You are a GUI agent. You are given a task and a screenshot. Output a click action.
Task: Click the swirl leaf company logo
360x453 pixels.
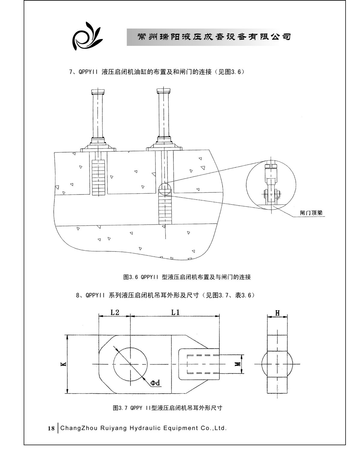click(87, 37)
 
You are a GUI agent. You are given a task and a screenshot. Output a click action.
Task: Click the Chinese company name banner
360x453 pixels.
click(214, 37)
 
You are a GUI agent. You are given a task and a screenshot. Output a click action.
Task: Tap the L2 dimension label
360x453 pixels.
click(115, 312)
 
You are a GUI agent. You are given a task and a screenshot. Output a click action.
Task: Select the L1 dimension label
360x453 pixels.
click(175, 312)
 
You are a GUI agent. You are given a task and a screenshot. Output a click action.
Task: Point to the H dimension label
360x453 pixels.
click(277, 313)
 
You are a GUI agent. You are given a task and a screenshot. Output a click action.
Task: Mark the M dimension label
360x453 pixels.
click(238, 364)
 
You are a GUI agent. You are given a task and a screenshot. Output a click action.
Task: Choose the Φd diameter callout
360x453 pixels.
click(155, 383)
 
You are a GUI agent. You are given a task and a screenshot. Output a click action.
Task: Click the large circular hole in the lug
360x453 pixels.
click(130, 364)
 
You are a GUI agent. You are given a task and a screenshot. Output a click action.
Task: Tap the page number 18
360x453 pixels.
click(51, 428)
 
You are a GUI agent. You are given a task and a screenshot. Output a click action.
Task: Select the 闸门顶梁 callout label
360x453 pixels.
click(311, 213)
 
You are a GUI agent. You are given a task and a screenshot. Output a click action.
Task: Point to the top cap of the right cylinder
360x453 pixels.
click(164, 90)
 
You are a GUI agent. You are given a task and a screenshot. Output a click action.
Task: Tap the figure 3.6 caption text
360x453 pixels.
click(187, 277)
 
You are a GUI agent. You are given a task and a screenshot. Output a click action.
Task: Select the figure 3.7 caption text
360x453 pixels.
click(167, 408)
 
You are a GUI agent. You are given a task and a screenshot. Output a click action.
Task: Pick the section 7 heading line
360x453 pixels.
click(157, 72)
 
